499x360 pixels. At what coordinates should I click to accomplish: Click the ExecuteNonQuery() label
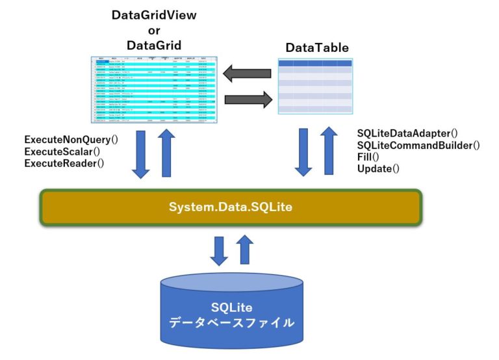pyautogui.click(x=71, y=140)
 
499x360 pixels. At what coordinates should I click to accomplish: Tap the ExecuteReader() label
pyautogui.click(x=64, y=163)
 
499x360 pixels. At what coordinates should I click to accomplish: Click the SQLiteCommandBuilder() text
pyautogui.click(x=418, y=146)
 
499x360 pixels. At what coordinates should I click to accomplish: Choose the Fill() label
pyautogui.click(x=370, y=157)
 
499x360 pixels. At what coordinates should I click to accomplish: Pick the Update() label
pyautogui.click(x=378, y=169)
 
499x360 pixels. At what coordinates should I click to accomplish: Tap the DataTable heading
pyautogui.click(x=317, y=48)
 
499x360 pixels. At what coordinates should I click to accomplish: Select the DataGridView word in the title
pyautogui.click(x=154, y=15)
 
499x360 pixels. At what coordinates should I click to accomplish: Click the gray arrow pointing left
pyautogui.click(x=247, y=73)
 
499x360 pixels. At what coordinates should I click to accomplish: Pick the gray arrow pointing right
pyautogui.click(x=248, y=99)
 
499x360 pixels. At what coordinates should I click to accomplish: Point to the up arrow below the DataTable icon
pyautogui.click(x=329, y=151)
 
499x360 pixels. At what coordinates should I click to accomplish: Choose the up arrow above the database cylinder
pyautogui.click(x=245, y=249)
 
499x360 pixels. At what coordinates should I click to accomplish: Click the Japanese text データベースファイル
pyautogui.click(x=231, y=322)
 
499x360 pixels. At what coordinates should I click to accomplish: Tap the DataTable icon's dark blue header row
pyautogui.click(x=316, y=63)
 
